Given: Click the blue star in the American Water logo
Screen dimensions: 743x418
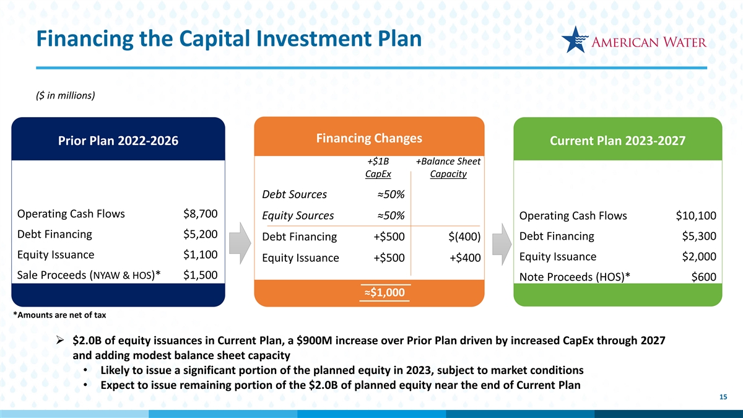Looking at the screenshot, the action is [x=574, y=40].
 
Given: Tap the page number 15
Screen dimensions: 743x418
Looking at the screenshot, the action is [x=723, y=397].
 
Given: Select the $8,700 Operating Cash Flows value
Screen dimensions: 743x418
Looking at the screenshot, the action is [x=201, y=214].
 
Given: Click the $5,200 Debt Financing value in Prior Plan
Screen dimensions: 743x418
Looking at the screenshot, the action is [x=201, y=234].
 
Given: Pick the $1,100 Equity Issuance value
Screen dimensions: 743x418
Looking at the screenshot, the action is [x=201, y=255].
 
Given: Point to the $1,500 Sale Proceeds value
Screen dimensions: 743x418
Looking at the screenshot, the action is [x=201, y=275].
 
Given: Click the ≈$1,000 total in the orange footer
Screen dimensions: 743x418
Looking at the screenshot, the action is [x=385, y=292].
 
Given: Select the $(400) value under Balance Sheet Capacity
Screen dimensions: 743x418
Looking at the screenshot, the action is [x=464, y=237].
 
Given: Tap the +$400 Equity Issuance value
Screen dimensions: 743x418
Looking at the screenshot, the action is [x=465, y=258].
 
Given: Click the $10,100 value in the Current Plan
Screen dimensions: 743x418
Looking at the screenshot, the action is [x=696, y=216].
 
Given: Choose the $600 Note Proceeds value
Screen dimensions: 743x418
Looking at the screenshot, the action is [x=703, y=277].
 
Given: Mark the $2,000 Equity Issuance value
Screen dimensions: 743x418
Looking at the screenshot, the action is [x=699, y=256].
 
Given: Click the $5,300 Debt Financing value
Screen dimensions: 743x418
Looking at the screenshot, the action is [x=699, y=236].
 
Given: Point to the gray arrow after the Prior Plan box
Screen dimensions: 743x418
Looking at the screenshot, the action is [x=240, y=243].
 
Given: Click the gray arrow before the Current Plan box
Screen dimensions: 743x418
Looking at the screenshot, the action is [x=502, y=244].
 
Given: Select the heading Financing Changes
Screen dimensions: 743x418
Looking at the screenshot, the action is [x=369, y=138].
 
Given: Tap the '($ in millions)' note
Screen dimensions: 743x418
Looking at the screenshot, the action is [x=66, y=95].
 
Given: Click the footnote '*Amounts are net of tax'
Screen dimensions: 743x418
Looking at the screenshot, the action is [x=59, y=315].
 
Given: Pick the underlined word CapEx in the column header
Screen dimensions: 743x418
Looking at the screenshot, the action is [x=378, y=174].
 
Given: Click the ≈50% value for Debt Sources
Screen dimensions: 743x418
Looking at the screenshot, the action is [x=391, y=194].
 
